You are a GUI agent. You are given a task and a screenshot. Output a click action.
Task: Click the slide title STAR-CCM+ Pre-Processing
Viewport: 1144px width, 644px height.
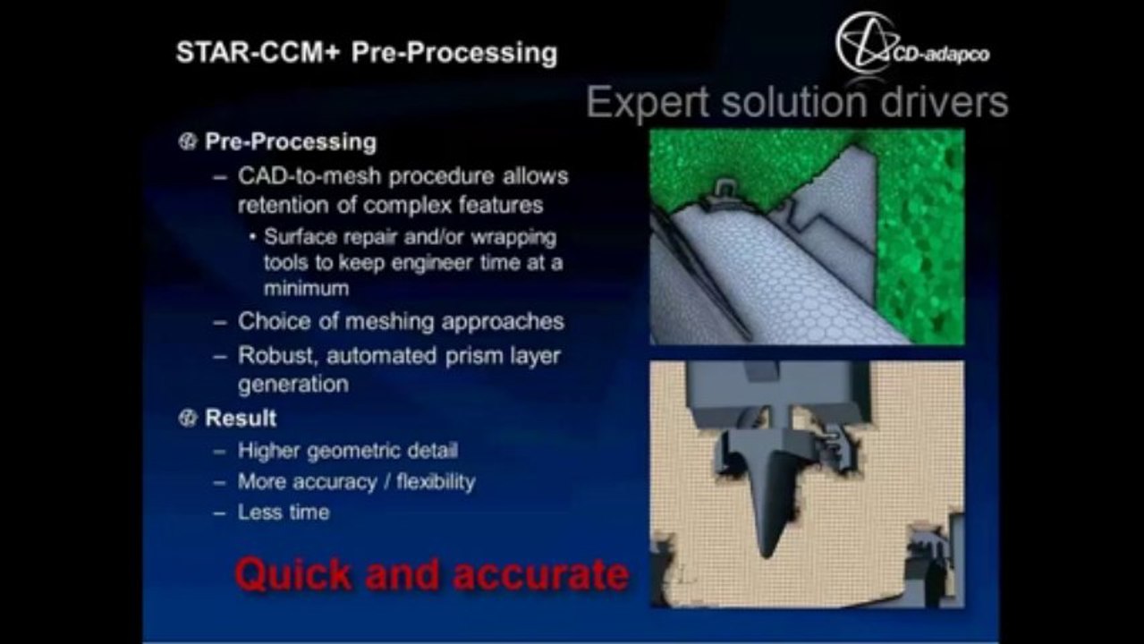[x=366, y=53]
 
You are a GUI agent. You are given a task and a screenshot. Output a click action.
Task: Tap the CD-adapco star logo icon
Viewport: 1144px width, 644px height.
[x=865, y=42]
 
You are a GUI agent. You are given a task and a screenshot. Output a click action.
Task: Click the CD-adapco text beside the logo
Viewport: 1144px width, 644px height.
[x=942, y=55]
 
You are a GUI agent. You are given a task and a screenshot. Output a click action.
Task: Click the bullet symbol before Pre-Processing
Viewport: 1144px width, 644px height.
[x=187, y=142]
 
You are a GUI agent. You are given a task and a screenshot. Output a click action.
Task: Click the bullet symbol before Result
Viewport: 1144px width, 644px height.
[x=187, y=419]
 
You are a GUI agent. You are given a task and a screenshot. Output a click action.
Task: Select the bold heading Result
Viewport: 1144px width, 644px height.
[x=241, y=419]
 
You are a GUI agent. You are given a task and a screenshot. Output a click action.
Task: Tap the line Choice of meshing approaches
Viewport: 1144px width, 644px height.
[x=401, y=321]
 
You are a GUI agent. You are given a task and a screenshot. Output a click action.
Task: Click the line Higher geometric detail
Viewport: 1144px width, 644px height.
[x=347, y=452]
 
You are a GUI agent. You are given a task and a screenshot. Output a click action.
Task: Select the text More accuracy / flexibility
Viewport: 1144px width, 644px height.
[x=356, y=482]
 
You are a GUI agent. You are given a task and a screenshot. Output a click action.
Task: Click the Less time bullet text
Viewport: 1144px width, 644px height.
[x=284, y=513]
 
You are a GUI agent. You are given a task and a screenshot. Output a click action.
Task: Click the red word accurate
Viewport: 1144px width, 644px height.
[x=541, y=574]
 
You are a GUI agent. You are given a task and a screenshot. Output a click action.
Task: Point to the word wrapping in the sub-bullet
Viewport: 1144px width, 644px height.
[x=513, y=239]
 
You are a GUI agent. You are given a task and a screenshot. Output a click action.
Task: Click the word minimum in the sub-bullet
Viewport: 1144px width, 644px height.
[x=306, y=289]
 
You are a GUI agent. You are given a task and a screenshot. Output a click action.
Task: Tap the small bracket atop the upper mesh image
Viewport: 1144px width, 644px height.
[x=726, y=190]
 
